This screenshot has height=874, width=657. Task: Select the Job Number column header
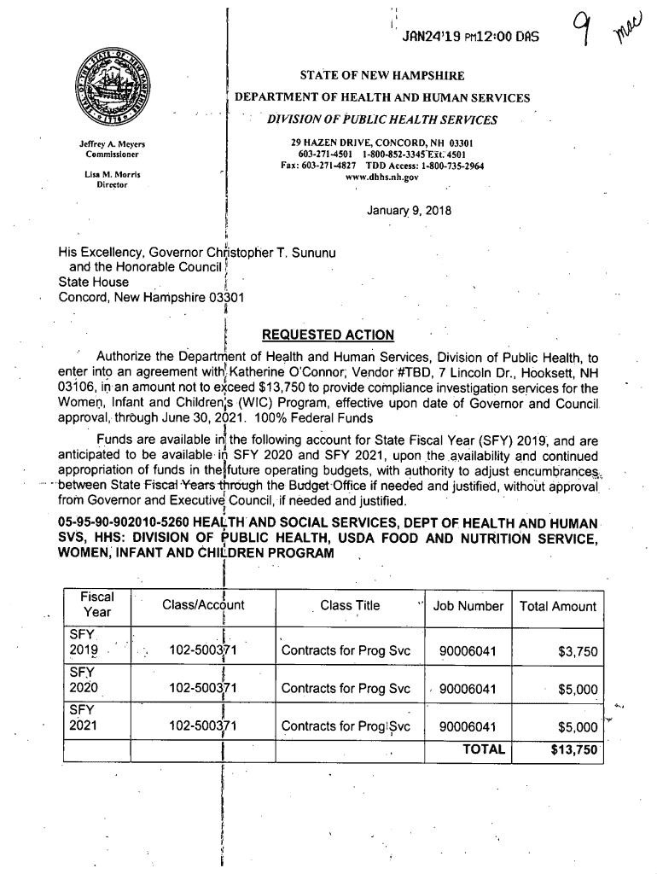point(468,606)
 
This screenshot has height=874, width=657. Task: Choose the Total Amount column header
point(557,606)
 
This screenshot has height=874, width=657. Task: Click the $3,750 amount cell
point(578,653)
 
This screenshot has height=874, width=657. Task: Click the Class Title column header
point(350,606)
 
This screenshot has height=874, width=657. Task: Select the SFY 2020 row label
point(84,680)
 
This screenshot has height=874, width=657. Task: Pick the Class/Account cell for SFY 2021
point(203,727)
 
